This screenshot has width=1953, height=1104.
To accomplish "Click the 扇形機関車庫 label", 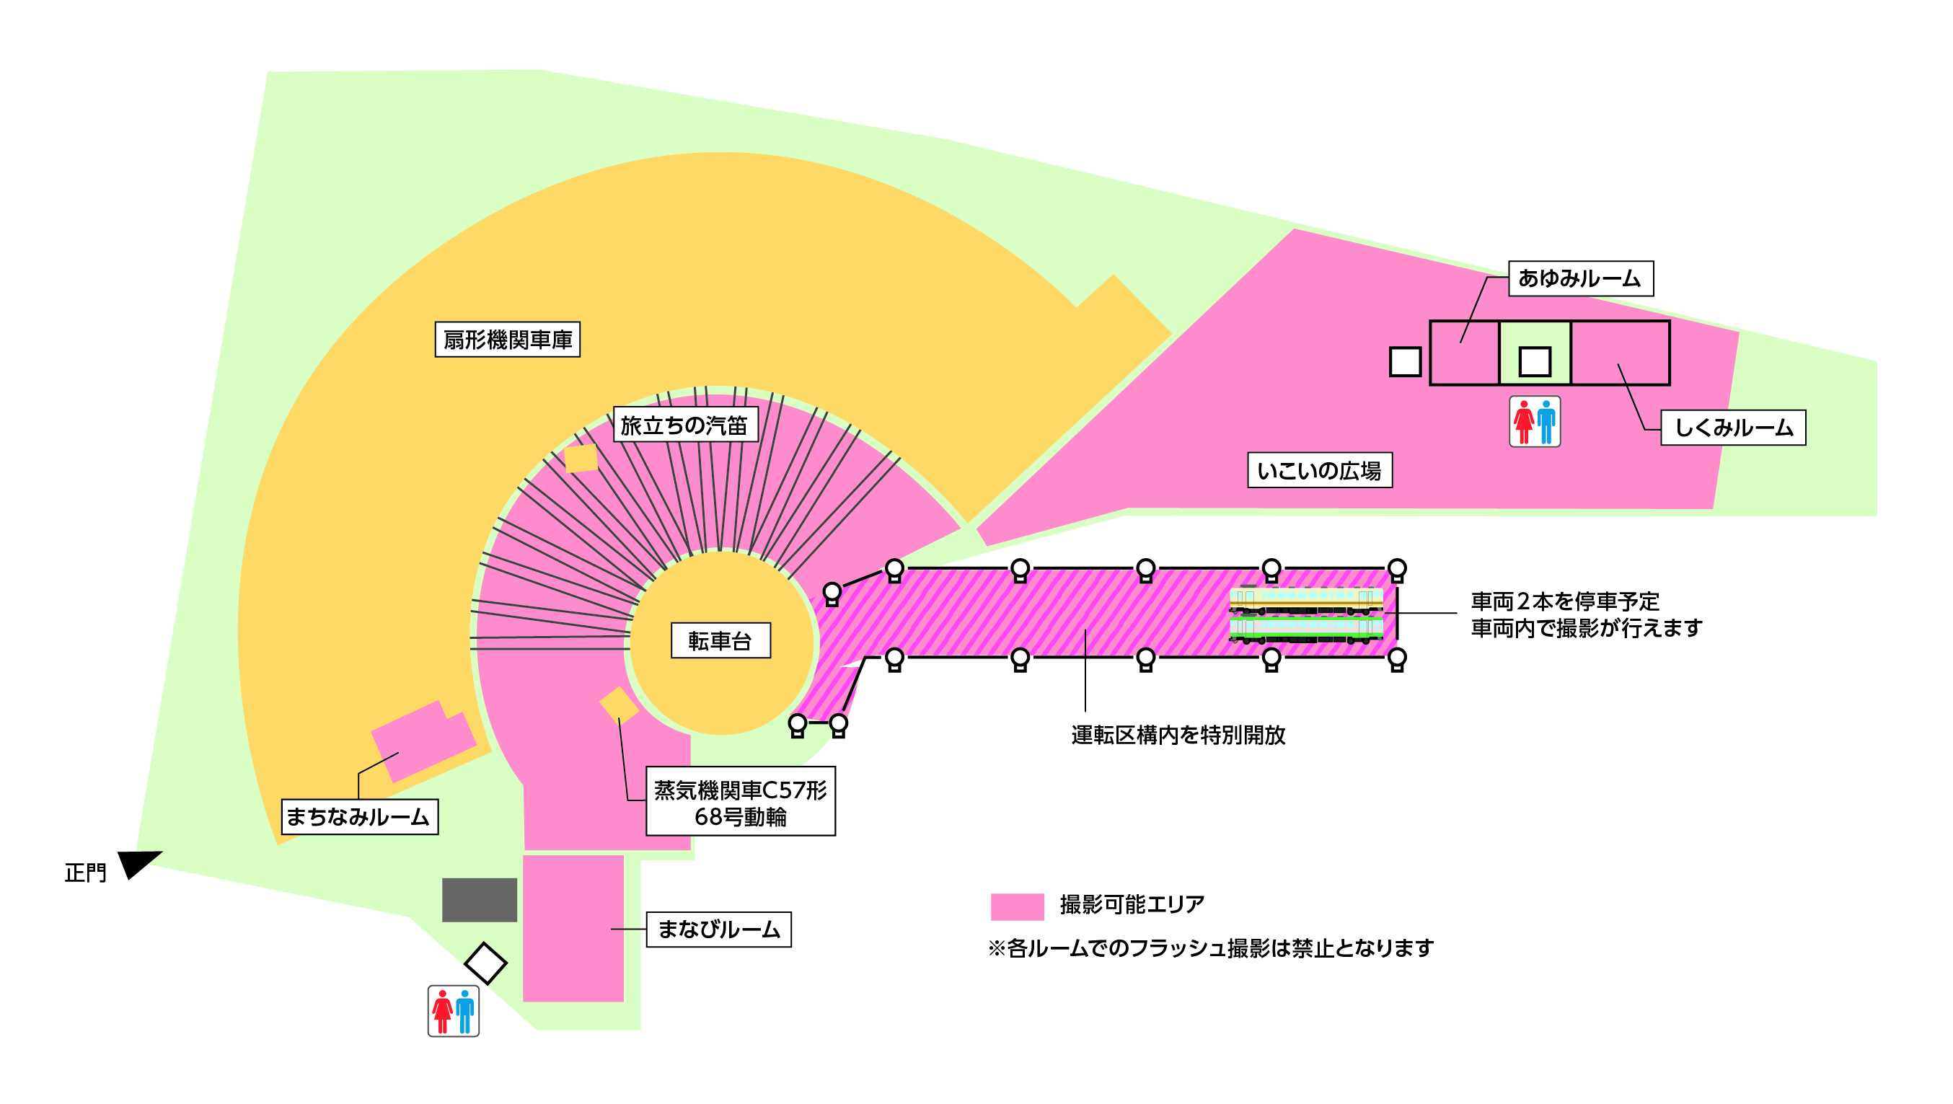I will click(507, 339).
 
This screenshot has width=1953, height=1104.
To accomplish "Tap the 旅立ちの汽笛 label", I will click(684, 425).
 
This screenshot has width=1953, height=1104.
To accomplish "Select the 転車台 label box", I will click(720, 641).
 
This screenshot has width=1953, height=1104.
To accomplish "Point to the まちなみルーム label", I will click(359, 816).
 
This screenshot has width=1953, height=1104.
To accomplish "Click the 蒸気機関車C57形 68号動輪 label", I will click(740, 802).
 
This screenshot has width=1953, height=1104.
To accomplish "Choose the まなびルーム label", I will click(718, 929).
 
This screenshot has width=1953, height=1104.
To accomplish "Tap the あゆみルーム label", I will click(1580, 278).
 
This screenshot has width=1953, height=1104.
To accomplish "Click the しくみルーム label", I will click(1732, 428).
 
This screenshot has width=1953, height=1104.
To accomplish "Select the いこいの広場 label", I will click(1319, 470).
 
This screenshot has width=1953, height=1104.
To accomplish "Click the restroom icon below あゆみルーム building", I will click(1534, 422).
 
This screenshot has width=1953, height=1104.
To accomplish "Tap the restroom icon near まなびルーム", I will click(454, 1011).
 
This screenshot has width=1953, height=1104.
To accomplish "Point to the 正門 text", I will click(86, 873).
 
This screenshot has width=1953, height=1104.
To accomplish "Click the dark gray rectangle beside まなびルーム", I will click(479, 900).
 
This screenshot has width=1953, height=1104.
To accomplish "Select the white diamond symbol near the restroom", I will click(485, 963).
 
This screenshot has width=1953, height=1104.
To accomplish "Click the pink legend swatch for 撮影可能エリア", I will click(1017, 906).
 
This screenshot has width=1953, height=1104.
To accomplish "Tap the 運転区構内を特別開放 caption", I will click(1178, 735).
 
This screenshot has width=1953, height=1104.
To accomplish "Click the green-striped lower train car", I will click(1305, 630).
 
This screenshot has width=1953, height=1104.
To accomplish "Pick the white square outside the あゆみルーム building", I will click(1404, 362).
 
